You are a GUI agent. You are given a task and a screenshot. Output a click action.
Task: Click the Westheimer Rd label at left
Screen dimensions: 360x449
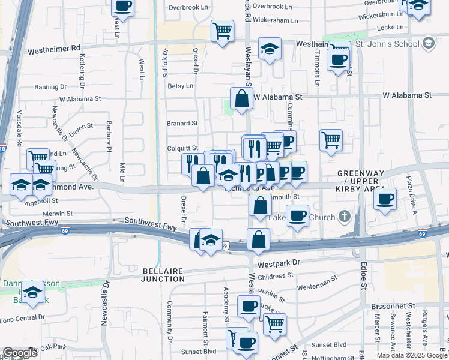pyautogui.click(x=58, y=47)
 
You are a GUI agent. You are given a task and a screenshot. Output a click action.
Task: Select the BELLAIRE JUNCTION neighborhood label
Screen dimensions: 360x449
pyautogui.click(x=163, y=275)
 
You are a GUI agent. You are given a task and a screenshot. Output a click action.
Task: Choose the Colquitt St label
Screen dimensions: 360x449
pyautogui.click(x=182, y=148)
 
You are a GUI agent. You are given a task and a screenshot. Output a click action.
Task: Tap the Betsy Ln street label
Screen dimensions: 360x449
pyautogui.click(x=180, y=86)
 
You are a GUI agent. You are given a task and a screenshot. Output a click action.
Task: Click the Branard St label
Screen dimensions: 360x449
pyautogui.click(x=182, y=124)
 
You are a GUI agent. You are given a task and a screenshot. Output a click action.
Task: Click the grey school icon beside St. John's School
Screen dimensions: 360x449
pyautogui.click(x=428, y=43)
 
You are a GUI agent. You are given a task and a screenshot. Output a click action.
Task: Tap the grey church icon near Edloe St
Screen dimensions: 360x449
pyautogui.click(x=344, y=216)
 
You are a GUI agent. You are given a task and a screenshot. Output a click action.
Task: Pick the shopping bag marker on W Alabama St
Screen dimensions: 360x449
pyautogui.click(x=241, y=99)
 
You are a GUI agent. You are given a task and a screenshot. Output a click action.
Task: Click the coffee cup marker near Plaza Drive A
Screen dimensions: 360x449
pyautogui.click(x=385, y=199)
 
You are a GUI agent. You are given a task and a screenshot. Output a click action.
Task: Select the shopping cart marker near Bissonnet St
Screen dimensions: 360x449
pyautogui.click(x=274, y=324)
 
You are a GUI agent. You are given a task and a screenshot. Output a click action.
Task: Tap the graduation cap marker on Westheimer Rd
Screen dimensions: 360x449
pyautogui.click(x=270, y=49)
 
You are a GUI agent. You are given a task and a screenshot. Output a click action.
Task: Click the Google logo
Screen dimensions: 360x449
pyautogui.click(x=20, y=353)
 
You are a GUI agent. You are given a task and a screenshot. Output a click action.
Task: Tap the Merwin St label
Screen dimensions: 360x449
pyautogui.click(x=58, y=213)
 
